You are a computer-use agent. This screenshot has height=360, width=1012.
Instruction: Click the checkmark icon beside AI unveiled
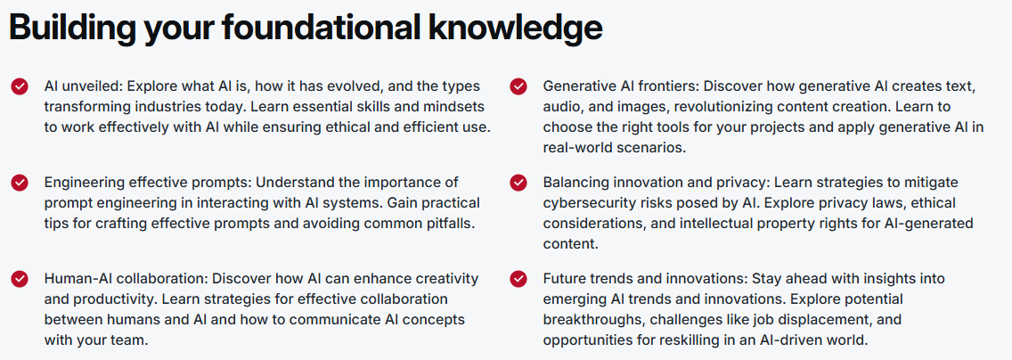point(20,86)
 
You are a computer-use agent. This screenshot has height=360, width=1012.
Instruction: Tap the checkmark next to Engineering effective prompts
point(20,183)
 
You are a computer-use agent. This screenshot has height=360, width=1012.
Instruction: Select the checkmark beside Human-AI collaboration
point(20,279)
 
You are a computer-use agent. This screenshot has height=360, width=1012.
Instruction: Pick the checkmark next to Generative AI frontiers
point(518,86)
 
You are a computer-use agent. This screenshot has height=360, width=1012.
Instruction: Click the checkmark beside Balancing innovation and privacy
point(518,183)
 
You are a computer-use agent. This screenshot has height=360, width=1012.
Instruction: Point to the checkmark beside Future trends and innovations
point(518,279)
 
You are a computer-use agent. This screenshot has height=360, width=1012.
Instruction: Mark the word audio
point(561,107)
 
